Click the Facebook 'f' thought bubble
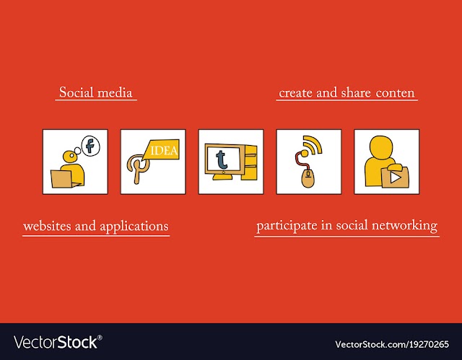(91, 146)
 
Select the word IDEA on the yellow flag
(164, 150)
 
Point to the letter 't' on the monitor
(222, 159)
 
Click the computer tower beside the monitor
(250, 162)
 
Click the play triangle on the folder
(395, 177)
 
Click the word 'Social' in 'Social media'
(77, 92)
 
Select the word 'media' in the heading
(115, 92)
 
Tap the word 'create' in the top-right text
(295, 93)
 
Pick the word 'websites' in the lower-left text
(47, 226)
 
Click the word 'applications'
(134, 227)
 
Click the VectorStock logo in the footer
(58, 342)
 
